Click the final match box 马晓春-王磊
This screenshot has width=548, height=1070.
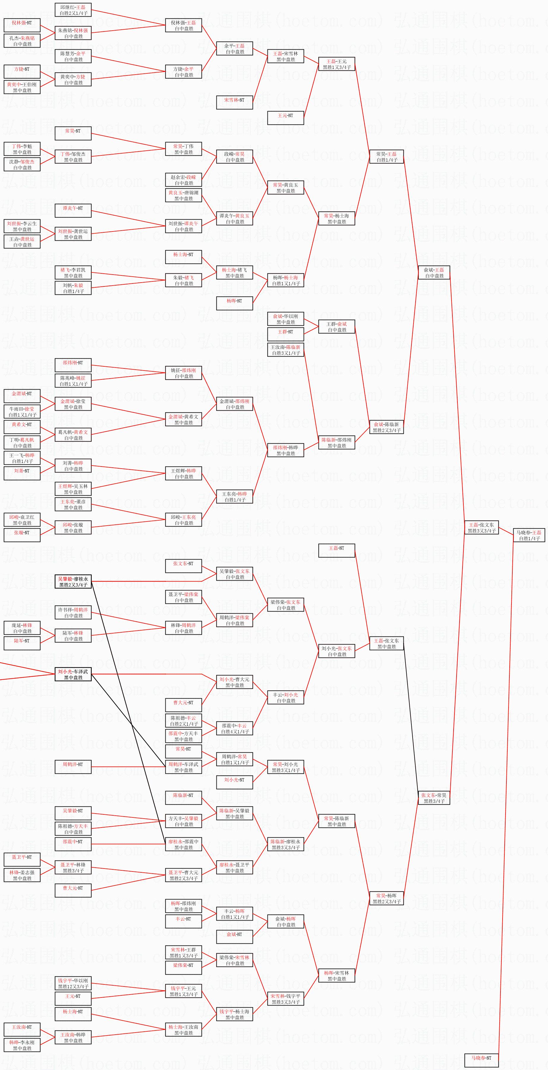point(529,535)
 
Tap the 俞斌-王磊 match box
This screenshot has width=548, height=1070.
point(434,272)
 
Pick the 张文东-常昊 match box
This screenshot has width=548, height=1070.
point(434,798)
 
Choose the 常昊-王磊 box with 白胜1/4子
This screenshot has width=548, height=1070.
point(387,157)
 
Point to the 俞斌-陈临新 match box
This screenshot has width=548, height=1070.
point(387,427)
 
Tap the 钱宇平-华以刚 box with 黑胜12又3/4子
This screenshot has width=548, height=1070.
point(73,983)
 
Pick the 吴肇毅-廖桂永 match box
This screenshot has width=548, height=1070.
point(73,582)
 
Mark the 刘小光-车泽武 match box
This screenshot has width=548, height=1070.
point(73,674)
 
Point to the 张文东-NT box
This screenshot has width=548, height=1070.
point(183,566)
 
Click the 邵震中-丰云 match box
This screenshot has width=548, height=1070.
point(235,728)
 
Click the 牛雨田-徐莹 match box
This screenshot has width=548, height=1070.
point(22,412)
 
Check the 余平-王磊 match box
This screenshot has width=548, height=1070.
point(235,49)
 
